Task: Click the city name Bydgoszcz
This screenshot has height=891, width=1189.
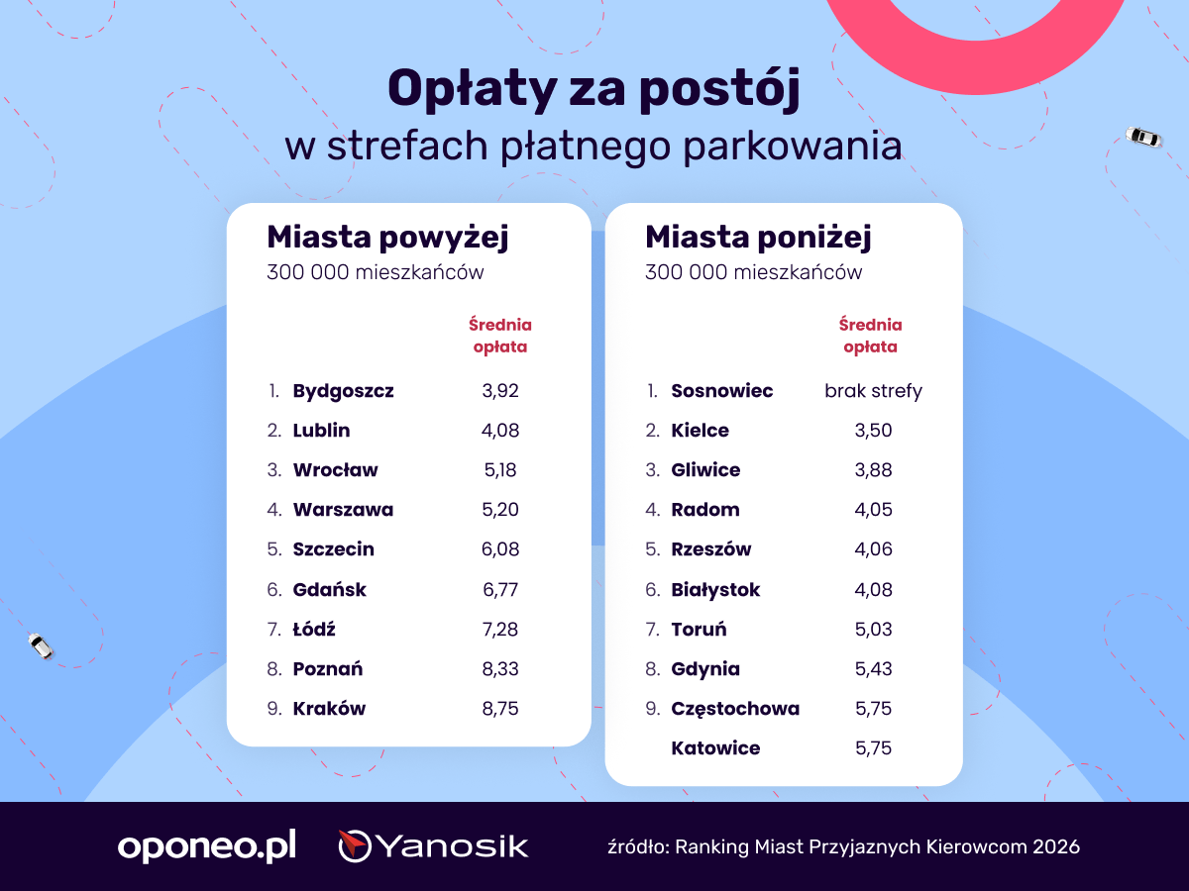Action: click(x=343, y=391)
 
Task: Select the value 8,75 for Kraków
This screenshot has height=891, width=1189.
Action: click(x=500, y=709)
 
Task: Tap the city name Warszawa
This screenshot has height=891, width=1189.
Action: click(x=343, y=510)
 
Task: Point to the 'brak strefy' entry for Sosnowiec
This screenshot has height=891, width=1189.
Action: click(x=873, y=391)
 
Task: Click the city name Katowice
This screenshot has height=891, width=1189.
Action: click(x=715, y=748)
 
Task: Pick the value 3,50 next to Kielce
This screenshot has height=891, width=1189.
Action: click(x=873, y=431)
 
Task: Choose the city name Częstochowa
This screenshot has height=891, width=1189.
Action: click(x=735, y=709)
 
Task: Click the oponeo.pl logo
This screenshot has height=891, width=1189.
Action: click(x=207, y=845)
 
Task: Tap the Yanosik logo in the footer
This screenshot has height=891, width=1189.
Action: click(x=433, y=845)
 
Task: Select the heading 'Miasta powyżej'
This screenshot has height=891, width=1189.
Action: click(x=387, y=238)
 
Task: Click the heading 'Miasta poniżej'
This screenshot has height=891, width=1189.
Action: click(x=758, y=238)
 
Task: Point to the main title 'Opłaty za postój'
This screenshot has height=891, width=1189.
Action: click(x=594, y=89)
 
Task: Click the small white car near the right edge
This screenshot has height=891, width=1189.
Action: click(x=1143, y=137)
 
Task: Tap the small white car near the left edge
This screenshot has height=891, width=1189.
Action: click(x=41, y=645)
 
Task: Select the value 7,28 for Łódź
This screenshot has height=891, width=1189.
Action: click(x=500, y=630)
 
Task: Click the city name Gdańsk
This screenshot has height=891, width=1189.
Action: click(x=329, y=590)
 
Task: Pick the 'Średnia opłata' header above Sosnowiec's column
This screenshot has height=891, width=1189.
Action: click(x=871, y=336)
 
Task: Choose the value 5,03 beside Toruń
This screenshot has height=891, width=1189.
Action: click(x=873, y=630)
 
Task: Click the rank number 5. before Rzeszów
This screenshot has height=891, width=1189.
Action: click(x=653, y=549)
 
